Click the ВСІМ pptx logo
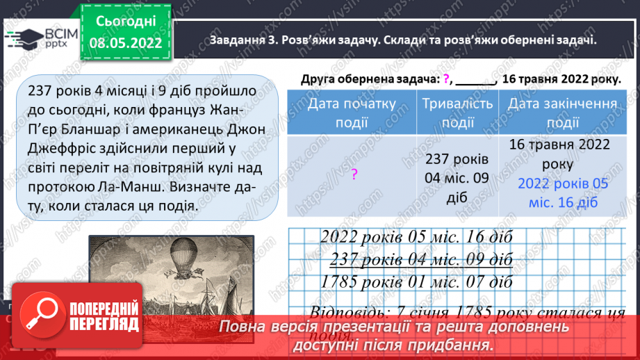[43, 40]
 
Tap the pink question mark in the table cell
[353, 175]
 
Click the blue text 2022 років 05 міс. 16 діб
[563, 193]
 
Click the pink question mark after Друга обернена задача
[445, 79]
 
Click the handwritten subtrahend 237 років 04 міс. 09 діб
[421, 259]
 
